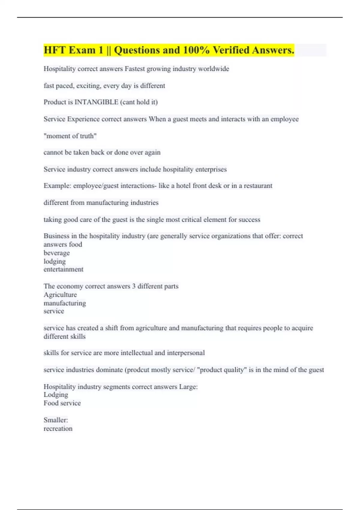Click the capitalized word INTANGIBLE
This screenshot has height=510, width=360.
point(96,102)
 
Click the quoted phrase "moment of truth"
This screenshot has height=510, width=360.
point(70,136)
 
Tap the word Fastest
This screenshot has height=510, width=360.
point(134,69)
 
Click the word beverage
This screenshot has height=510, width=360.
point(56,253)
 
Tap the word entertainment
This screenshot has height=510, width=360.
point(63,269)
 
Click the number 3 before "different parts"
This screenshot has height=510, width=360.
point(134,286)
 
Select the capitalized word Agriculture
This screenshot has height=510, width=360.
point(60,295)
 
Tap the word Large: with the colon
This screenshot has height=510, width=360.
point(188,387)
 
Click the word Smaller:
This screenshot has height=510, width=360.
point(56,420)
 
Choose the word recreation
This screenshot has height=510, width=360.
point(58,428)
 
